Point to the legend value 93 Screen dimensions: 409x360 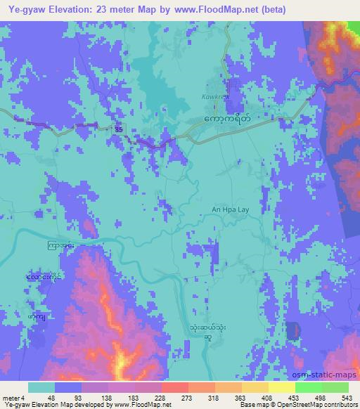65,397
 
